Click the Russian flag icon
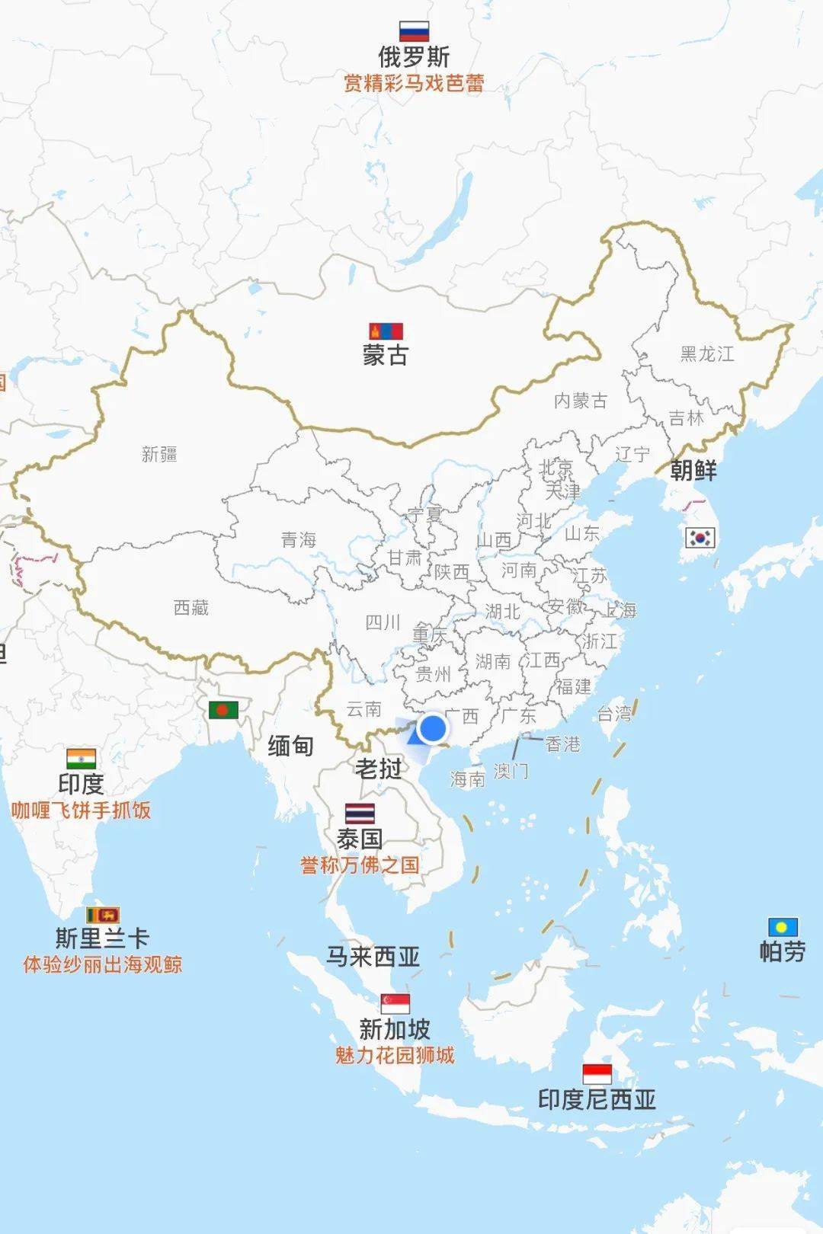[x=414, y=31]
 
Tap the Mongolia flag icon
[x=386, y=331]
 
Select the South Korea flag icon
[x=700, y=538]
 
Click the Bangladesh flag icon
[x=223, y=710]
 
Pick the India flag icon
[x=81, y=759]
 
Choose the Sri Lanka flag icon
[x=103, y=915]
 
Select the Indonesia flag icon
[x=597, y=1074]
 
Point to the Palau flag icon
[x=783, y=927]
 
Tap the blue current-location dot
[x=433, y=728]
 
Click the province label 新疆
[x=159, y=455]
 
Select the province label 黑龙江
[x=707, y=354]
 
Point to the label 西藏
[x=191, y=608]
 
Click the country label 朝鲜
[x=693, y=471]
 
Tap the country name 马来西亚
[x=373, y=957]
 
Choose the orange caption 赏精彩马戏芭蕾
[x=414, y=83]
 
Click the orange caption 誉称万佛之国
[x=360, y=865]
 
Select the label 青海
[x=298, y=540]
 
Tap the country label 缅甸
[x=290, y=746]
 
